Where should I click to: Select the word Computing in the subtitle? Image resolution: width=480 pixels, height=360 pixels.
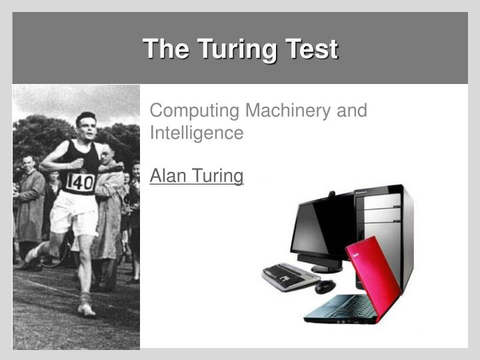pos(194,110)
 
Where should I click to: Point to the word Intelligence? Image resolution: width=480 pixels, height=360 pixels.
pos(196,133)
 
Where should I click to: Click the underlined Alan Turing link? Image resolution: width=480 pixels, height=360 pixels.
pos(197,176)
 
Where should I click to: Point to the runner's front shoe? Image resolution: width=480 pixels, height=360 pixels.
pos(85,309)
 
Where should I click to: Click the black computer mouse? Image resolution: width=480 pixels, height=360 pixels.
pos(325,286)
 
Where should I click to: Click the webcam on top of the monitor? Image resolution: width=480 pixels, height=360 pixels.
pos(331,196)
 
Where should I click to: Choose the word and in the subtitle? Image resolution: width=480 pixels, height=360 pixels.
pos(351,110)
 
